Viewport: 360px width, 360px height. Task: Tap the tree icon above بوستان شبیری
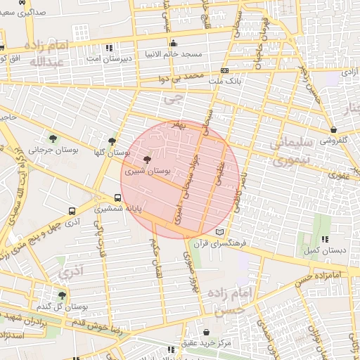click(146, 160)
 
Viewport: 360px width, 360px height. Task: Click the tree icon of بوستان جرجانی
click(54, 138)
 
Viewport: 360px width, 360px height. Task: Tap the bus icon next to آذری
click(72, 210)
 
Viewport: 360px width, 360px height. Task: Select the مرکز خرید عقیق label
click(205, 343)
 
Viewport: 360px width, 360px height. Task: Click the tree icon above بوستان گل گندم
click(63, 295)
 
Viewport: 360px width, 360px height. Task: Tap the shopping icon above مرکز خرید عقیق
click(205, 333)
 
